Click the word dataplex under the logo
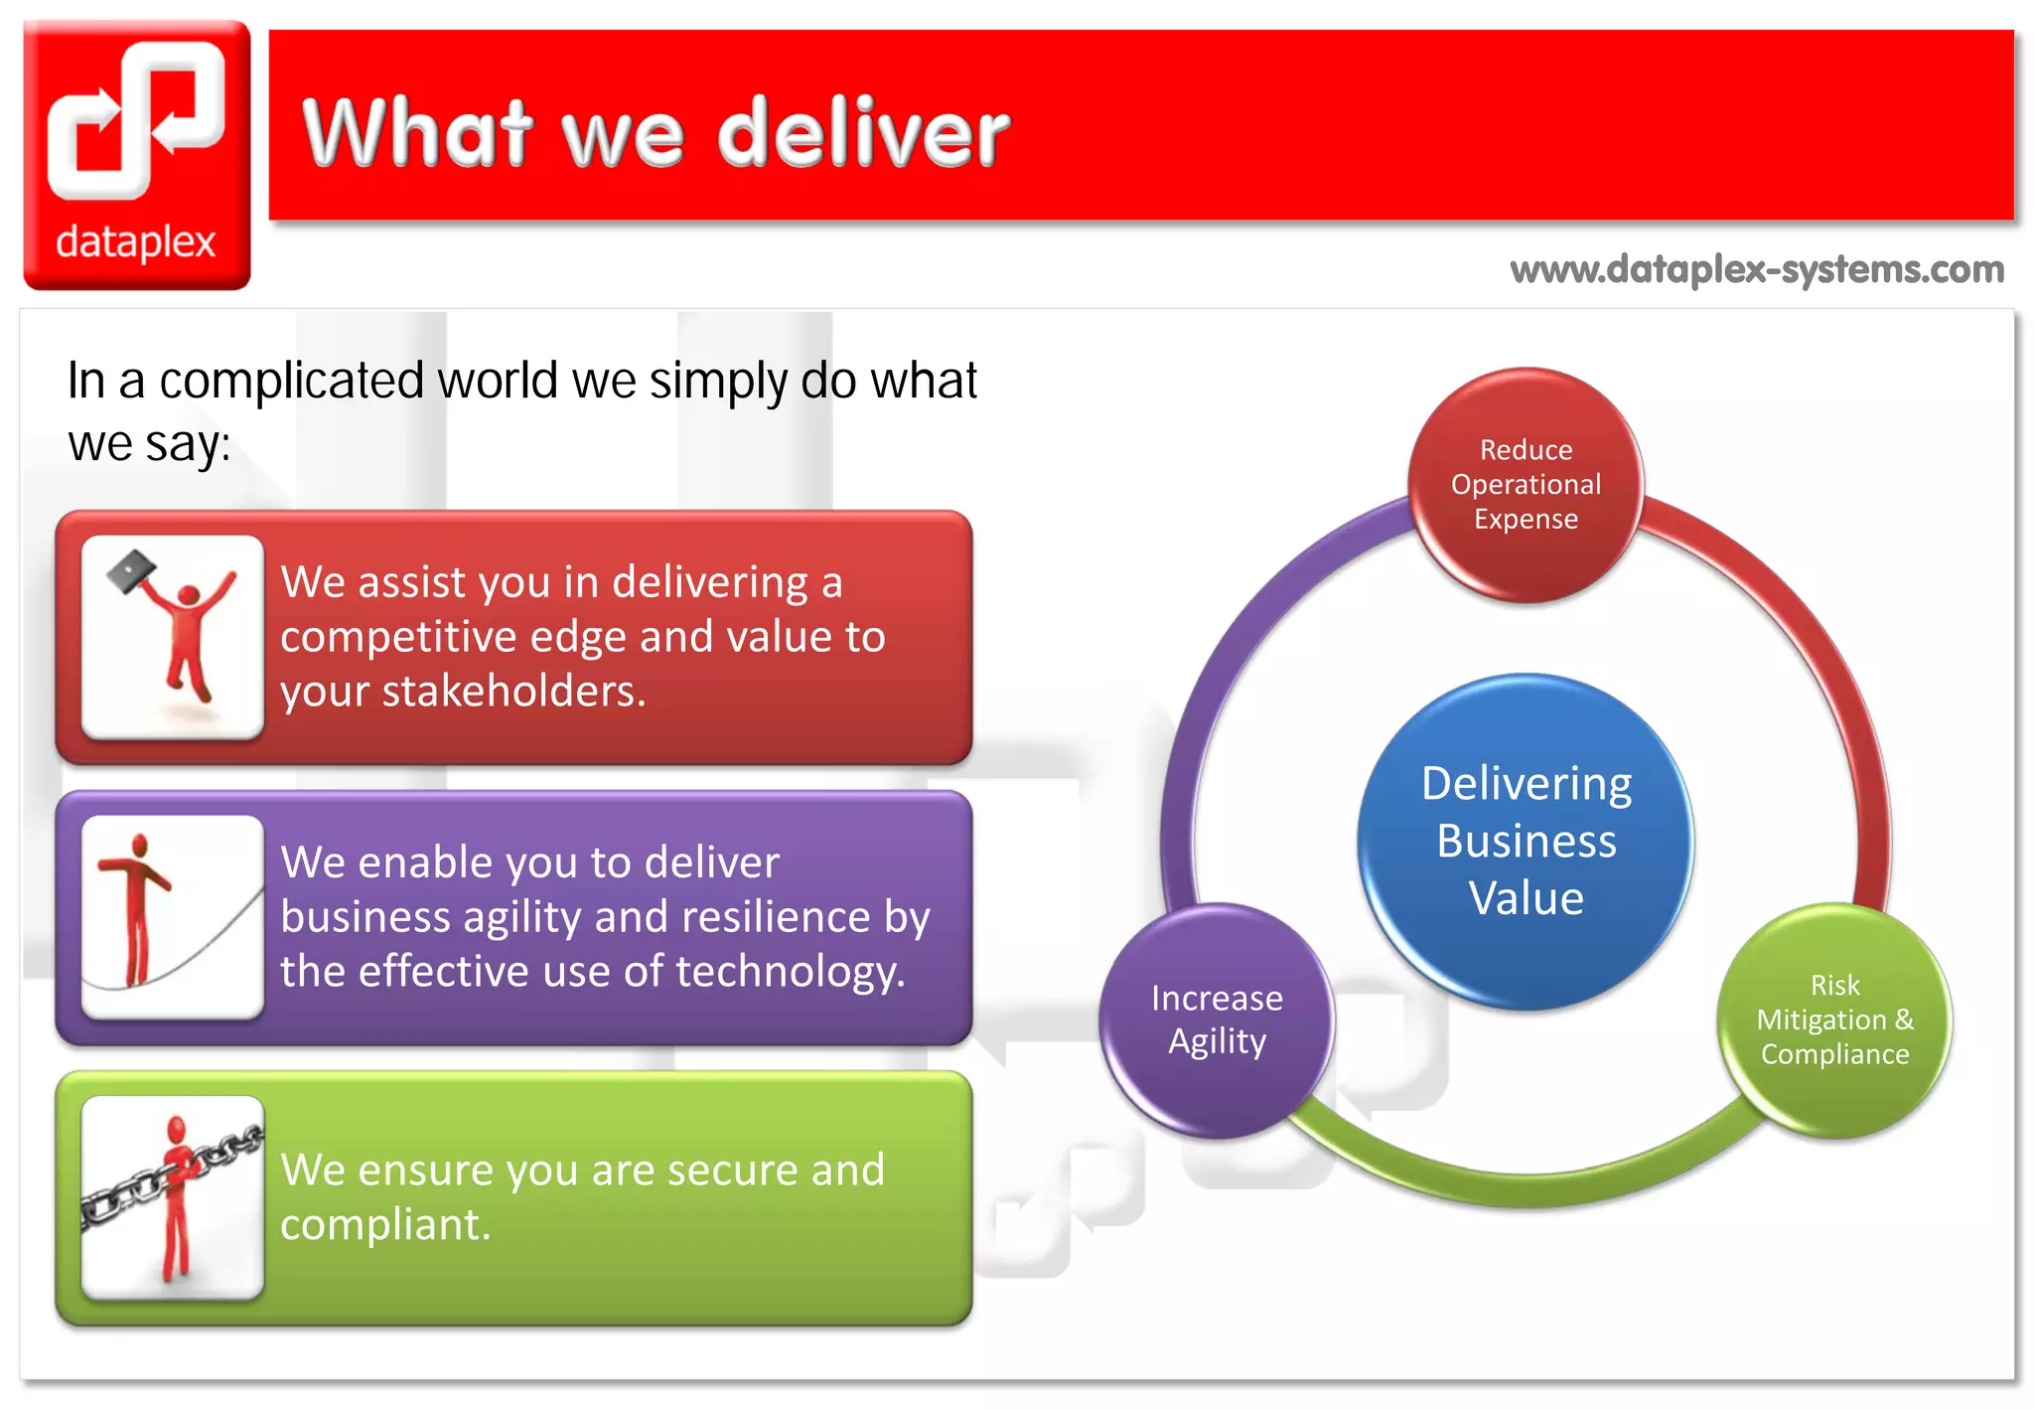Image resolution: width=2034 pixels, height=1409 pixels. point(136,242)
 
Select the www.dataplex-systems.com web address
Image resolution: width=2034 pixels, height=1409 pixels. point(1756,269)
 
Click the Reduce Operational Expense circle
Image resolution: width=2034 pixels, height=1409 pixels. point(1525,485)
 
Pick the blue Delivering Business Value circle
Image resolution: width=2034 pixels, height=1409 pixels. point(1525,841)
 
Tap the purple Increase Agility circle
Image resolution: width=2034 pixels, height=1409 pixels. point(1217,1019)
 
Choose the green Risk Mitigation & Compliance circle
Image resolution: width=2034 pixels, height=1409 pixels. point(1834,1019)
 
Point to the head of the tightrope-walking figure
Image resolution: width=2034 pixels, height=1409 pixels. point(140,844)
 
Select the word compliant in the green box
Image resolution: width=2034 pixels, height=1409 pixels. point(384,1224)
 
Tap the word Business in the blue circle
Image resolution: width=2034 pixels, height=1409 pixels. point(1525,842)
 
